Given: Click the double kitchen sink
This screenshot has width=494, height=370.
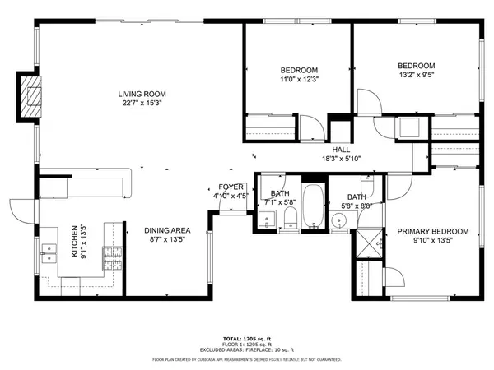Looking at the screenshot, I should (x=49, y=252).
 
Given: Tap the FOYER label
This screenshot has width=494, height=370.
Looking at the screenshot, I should (x=230, y=187).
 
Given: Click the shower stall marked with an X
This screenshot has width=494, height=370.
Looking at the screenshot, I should (x=369, y=240).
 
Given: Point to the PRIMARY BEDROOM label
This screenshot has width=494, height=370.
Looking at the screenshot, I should (x=432, y=232).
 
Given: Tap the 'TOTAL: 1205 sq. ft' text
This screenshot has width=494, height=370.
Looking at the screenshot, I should (x=247, y=339).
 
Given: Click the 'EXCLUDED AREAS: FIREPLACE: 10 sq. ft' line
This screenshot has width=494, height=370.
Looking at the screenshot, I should (x=247, y=350).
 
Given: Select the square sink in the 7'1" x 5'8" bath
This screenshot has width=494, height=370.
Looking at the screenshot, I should (x=267, y=220).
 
